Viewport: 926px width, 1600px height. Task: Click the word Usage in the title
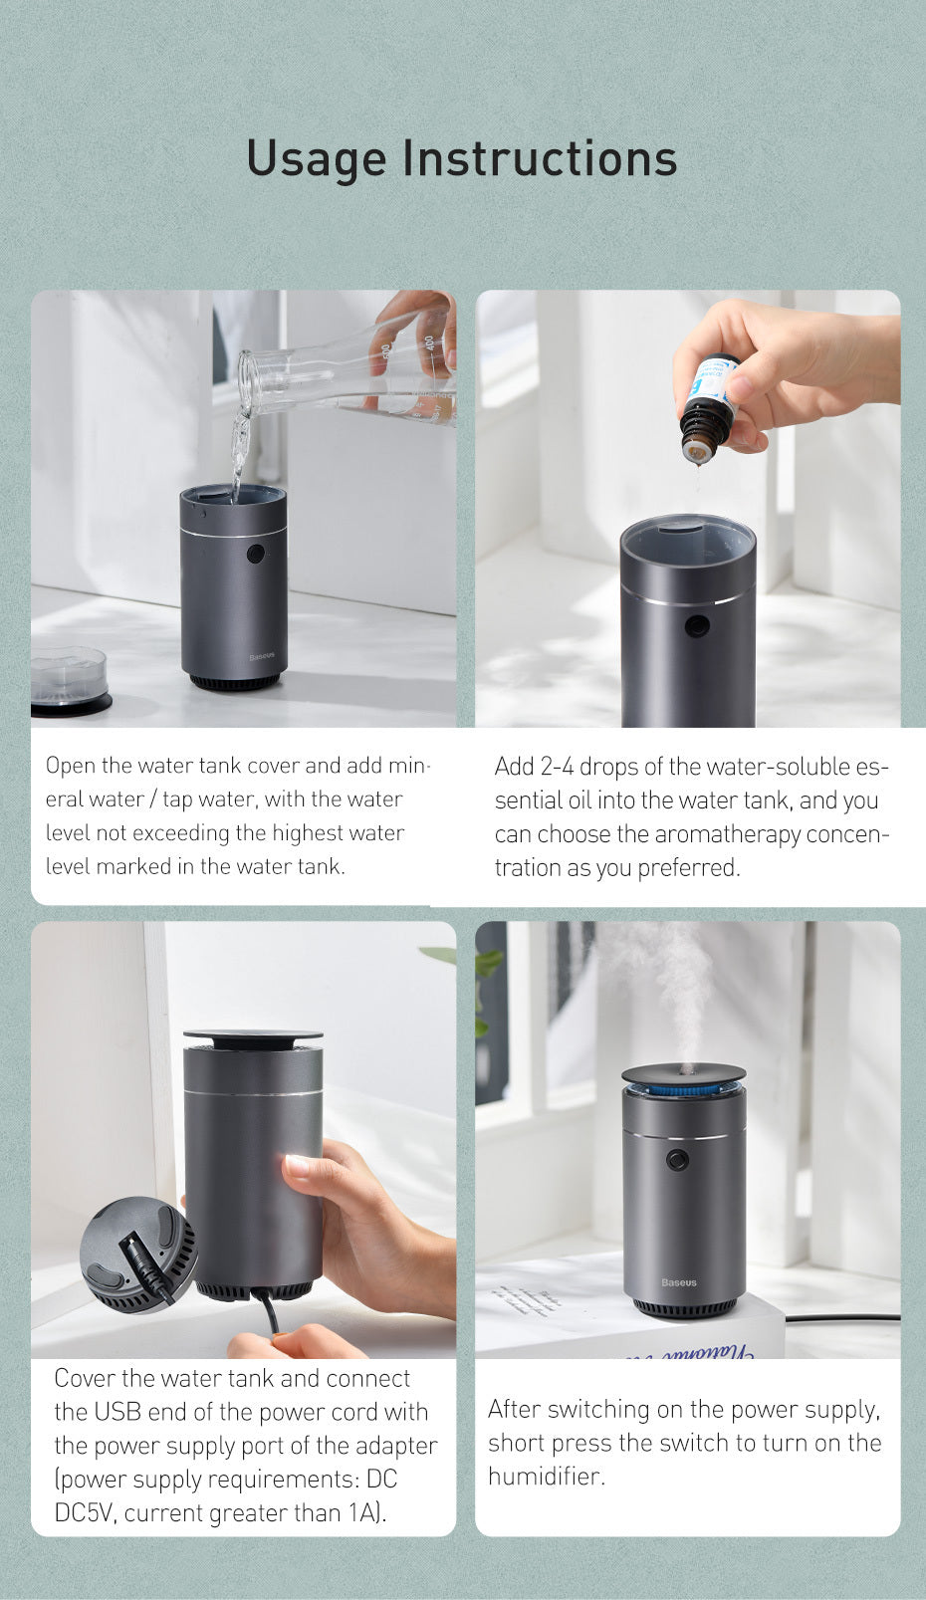click(316, 159)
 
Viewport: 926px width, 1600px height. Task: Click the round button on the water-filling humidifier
click(256, 554)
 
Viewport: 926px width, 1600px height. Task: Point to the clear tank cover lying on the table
click(68, 677)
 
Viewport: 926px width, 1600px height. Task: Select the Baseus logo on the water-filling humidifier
click(262, 657)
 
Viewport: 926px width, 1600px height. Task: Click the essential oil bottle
click(709, 408)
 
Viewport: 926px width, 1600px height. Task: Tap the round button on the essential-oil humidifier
click(697, 626)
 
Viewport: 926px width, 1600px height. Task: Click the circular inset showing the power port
click(138, 1255)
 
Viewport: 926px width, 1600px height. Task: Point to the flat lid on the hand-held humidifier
click(253, 1037)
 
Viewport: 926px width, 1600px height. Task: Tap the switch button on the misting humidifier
click(678, 1160)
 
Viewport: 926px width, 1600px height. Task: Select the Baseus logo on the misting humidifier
click(679, 1282)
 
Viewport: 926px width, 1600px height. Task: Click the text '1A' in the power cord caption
click(364, 1513)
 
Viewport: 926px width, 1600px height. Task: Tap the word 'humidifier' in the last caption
click(546, 1476)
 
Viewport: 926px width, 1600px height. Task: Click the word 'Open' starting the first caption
click(71, 766)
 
